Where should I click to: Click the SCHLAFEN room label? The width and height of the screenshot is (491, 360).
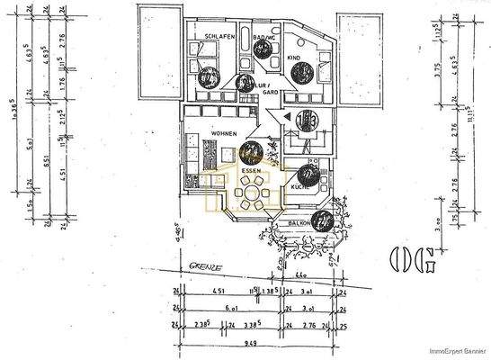point(219,38)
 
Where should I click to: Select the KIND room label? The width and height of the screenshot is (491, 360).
point(295,57)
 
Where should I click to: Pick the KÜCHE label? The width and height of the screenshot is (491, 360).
point(300,187)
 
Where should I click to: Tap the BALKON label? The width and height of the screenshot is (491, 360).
point(299,221)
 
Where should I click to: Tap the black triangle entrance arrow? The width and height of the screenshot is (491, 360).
point(285,116)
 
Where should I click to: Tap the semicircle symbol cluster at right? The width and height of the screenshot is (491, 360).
point(411,258)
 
